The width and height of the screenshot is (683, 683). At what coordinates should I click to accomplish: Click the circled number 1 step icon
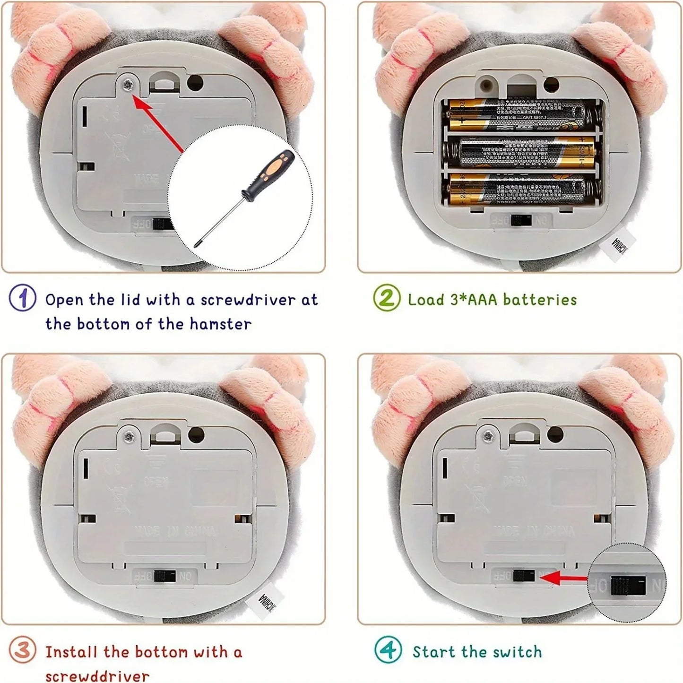[22, 298]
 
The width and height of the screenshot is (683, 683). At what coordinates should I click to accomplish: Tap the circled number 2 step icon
[386, 298]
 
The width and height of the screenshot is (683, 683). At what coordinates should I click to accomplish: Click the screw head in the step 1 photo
[128, 85]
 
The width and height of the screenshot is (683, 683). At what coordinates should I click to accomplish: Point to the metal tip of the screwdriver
[197, 243]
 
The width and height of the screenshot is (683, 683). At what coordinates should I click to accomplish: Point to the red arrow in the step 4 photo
[565, 578]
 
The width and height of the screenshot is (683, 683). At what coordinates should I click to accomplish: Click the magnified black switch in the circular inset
[627, 586]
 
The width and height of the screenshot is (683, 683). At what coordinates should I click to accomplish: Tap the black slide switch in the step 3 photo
[164, 576]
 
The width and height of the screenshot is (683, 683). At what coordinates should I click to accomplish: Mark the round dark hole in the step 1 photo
[195, 83]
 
